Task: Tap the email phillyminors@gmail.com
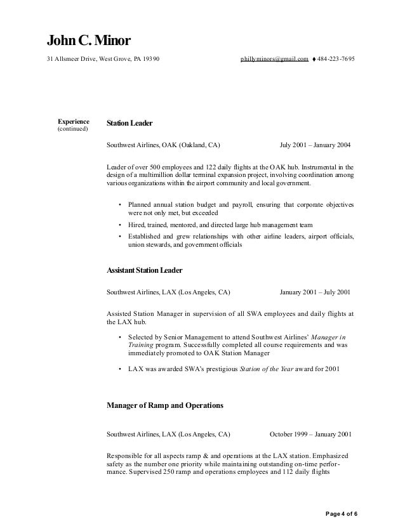[274, 59]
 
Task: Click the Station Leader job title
[129, 122]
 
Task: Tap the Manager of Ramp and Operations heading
[164, 404]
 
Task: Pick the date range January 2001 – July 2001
[314, 292]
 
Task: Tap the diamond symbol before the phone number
[314, 60]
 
